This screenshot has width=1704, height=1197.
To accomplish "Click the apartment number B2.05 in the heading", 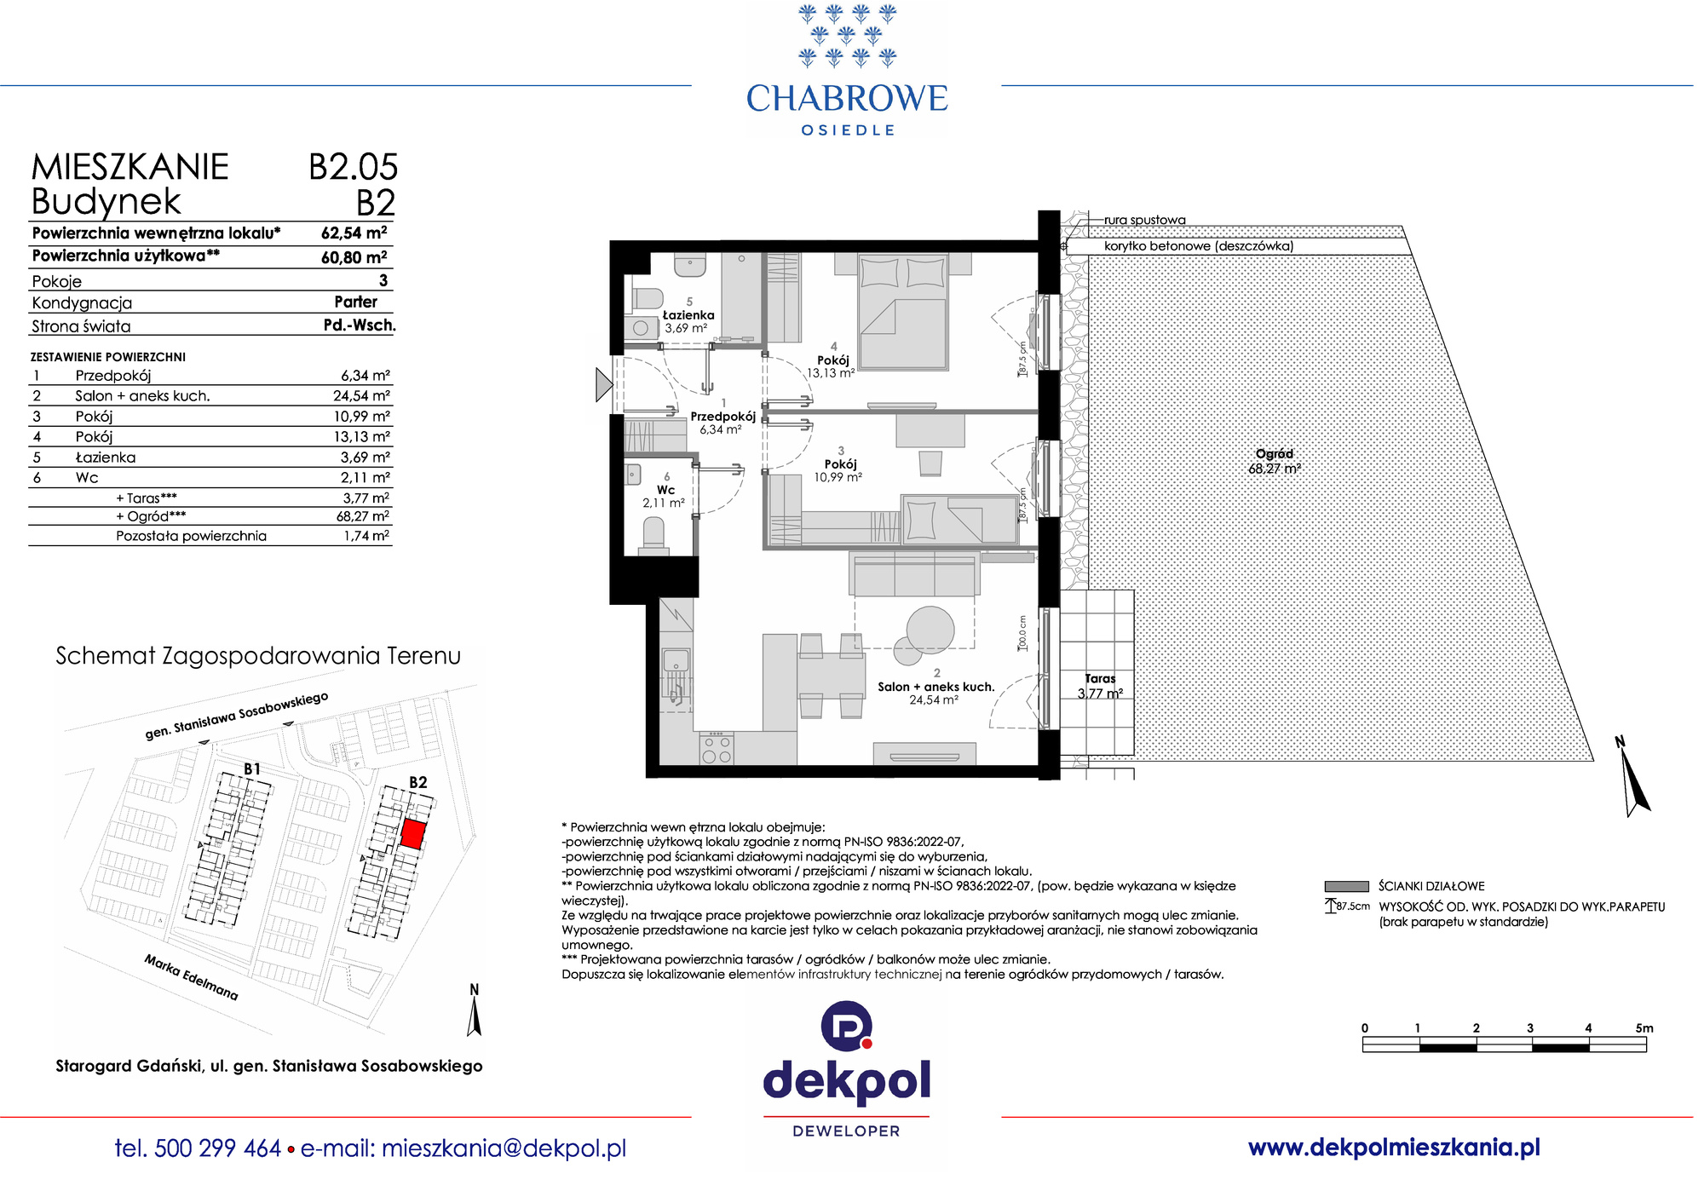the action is point(353,167).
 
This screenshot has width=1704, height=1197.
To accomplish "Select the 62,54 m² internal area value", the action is point(354,233).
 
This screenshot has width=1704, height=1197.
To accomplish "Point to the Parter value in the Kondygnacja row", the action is point(356,302).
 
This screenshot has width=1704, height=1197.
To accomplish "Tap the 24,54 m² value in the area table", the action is point(361,395).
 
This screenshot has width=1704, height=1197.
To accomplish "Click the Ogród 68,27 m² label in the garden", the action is point(1275,461).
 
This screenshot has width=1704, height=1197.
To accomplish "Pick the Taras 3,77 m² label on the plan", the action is point(1100,686).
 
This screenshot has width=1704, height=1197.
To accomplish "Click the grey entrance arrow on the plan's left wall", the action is point(603,384).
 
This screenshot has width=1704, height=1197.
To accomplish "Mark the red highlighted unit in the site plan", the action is point(413,834).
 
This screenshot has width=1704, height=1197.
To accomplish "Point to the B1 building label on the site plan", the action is point(252,768).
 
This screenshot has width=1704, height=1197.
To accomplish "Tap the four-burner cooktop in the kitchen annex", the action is point(716,749).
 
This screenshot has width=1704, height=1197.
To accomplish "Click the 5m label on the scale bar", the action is point(1644,1028).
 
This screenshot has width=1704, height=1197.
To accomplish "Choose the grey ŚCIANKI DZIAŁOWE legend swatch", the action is point(1346,886).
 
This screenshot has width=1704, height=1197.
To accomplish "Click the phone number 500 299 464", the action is point(218,1148).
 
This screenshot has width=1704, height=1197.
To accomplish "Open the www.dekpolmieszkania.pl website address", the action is point(1394,1148).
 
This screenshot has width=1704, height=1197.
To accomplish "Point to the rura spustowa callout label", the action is point(1144,220).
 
